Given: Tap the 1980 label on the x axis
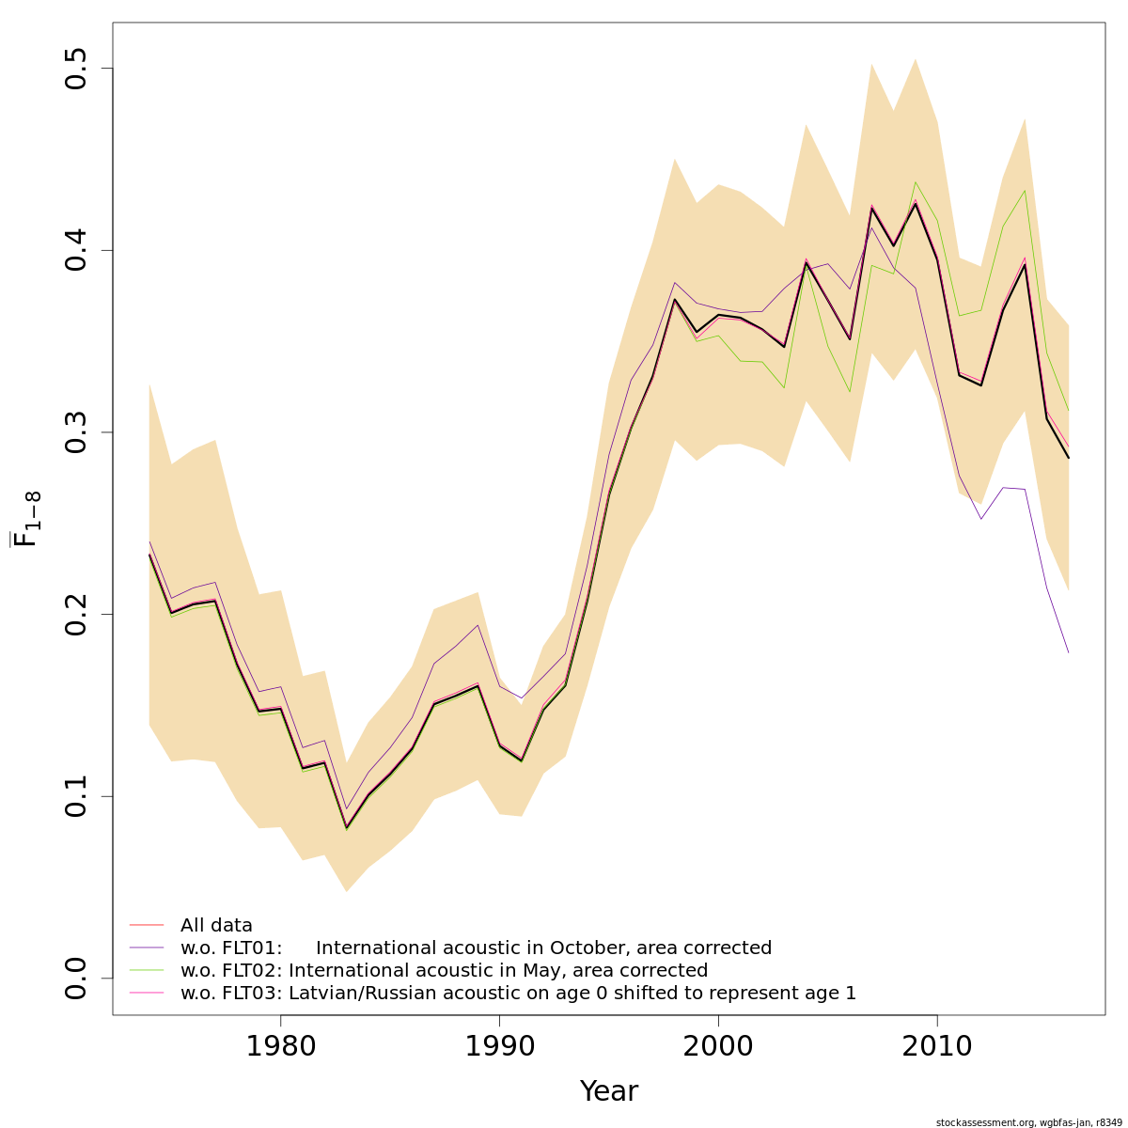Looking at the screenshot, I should coord(280,1045).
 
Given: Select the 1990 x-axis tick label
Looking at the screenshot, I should coord(499,1045).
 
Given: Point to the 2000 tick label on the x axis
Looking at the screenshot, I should coord(718,1045).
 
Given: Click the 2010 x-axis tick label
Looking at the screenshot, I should coord(937,1045).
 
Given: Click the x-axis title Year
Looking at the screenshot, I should coord(608,1091).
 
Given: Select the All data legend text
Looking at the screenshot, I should coord(216,925).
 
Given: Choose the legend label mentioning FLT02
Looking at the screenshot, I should coord(444,970).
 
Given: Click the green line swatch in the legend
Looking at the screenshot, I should coord(147,970).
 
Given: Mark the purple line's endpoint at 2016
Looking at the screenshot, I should coord(1069,652).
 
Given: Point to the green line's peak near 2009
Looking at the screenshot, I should coord(916,181).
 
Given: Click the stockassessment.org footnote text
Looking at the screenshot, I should coord(1028,1122).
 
